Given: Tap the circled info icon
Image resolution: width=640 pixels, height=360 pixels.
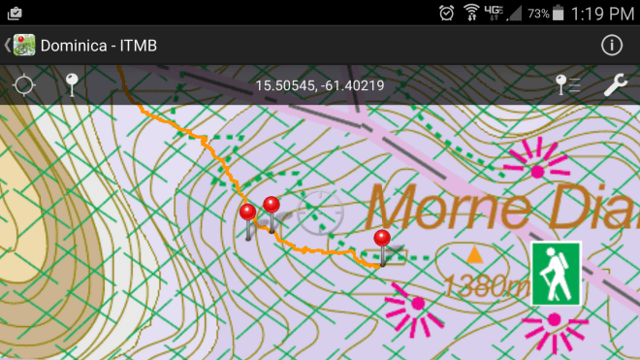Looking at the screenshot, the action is coord(612,45).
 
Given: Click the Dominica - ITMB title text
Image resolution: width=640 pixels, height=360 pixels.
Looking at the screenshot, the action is coord(98,46).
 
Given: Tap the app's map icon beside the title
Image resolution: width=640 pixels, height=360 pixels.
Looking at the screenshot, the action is coord(24,46).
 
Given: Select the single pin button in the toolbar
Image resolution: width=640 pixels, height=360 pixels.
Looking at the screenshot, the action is coord(72,85).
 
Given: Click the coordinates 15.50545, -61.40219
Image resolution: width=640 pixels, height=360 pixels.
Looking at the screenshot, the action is coord(320,85).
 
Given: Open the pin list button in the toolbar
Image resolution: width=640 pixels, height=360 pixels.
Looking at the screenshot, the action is coord(567,85).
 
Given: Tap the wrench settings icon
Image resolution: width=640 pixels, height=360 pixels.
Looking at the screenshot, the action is coord(616,85).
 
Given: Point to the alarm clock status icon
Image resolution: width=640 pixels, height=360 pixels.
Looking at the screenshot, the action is coord(446,13).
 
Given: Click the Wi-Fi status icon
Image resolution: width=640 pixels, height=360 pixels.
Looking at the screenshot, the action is coord(471,13).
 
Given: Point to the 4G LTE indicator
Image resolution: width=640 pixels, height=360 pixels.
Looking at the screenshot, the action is coord(494,13).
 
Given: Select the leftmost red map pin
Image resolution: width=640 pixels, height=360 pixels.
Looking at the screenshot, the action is coord(248,213).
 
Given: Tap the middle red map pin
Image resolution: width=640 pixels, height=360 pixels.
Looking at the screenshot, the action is coord(272,205).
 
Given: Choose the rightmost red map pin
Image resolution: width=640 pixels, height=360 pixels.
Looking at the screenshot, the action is coord(382,238).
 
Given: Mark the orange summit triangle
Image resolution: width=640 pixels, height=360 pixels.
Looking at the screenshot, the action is coord(475,255).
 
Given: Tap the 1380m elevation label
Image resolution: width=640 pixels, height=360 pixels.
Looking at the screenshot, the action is coord(485,285).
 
